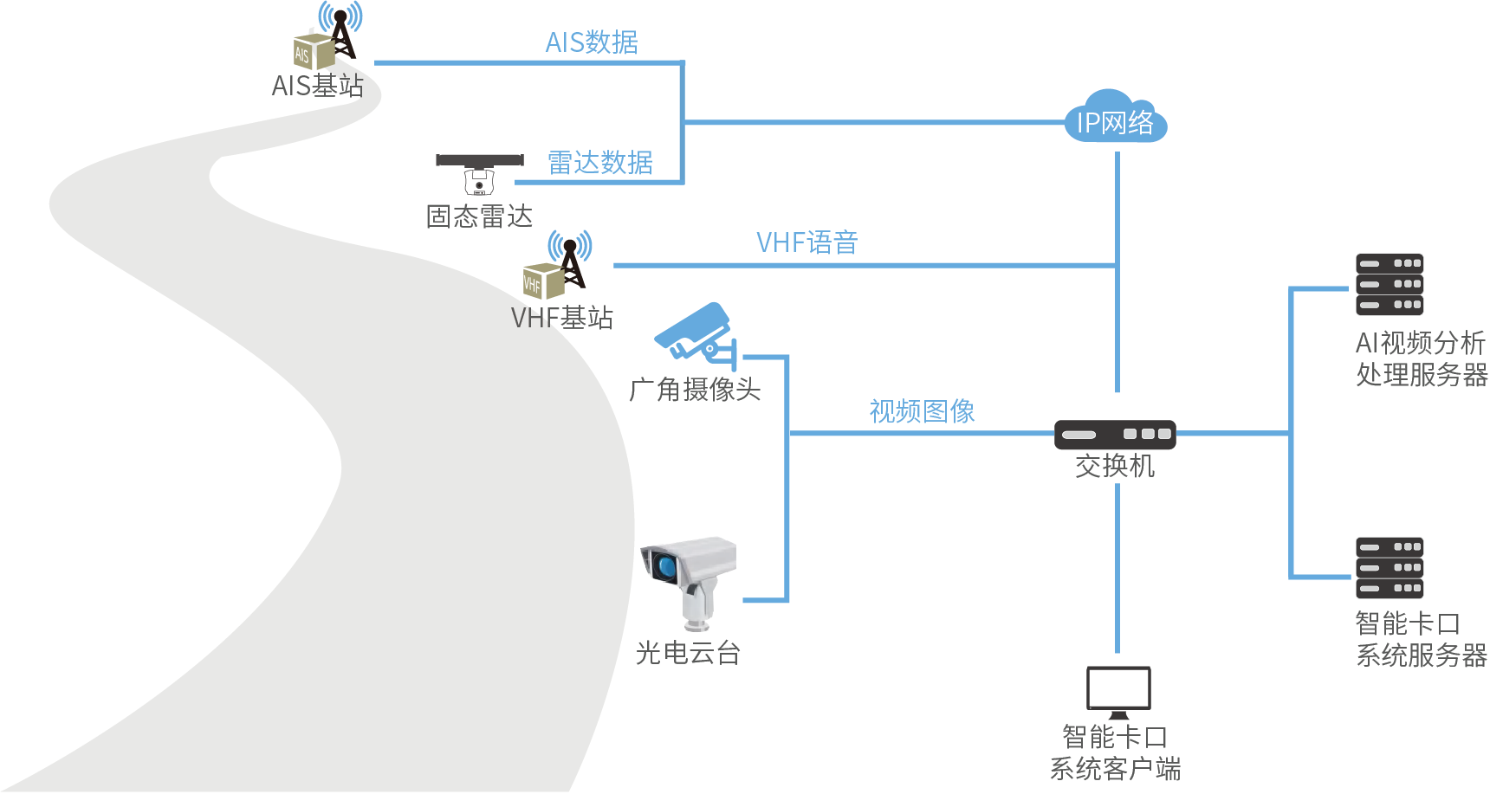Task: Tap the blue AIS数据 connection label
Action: tap(592, 42)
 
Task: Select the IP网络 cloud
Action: tap(1115, 119)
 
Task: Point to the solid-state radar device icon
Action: tap(479, 173)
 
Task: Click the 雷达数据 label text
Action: tap(600, 163)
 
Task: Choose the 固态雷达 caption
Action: tap(479, 216)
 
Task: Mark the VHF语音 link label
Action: tap(807, 243)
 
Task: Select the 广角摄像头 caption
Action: tap(695, 391)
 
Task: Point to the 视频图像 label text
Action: tap(922, 411)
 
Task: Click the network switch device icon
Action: tap(1115, 434)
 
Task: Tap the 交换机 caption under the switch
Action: tap(1115, 467)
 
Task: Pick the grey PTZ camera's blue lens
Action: tap(665, 567)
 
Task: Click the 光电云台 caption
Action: tap(688, 653)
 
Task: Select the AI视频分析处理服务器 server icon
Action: tap(1390, 284)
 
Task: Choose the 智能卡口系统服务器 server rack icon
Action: tap(1390, 568)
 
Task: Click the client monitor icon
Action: tap(1118, 691)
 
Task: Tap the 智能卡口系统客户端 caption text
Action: tap(1115, 752)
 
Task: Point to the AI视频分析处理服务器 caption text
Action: tap(1421, 358)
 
